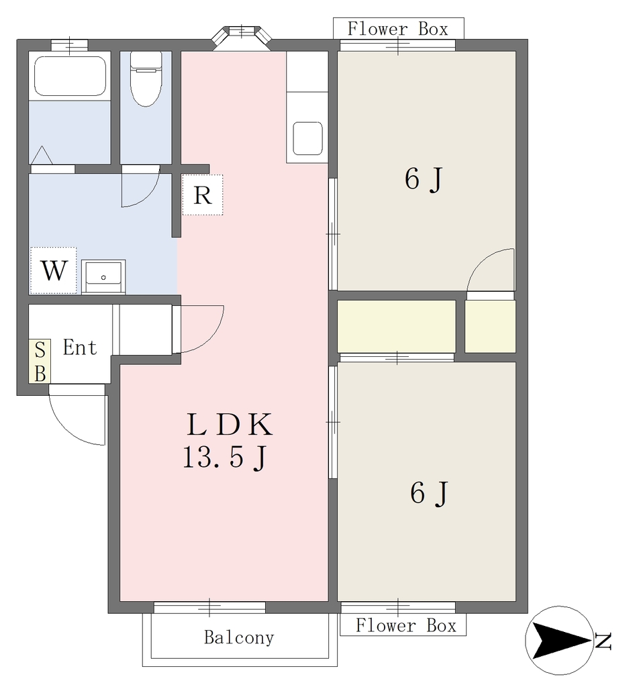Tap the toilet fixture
(x=146, y=79)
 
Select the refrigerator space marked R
(x=203, y=195)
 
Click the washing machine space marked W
(x=54, y=270)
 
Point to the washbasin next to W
(x=103, y=276)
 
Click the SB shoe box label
(x=40, y=362)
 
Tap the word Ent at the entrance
(x=80, y=348)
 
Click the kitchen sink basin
(x=307, y=138)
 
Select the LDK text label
(x=230, y=425)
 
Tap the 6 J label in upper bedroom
(x=424, y=180)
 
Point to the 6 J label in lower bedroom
(x=429, y=493)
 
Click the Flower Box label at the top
(x=398, y=29)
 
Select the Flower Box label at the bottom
(x=406, y=625)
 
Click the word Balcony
(x=240, y=637)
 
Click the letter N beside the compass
(x=603, y=641)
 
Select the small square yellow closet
(x=490, y=327)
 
